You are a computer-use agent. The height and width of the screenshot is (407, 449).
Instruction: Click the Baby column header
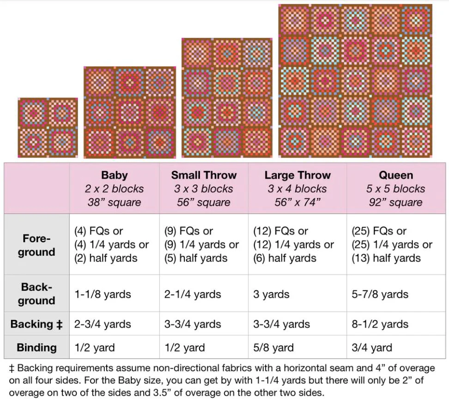tap(114, 188)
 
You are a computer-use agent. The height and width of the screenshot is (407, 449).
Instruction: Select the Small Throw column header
tap(204, 188)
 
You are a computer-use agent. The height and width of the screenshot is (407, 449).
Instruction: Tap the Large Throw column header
tap(297, 188)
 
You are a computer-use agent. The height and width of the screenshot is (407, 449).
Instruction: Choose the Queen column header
tap(396, 188)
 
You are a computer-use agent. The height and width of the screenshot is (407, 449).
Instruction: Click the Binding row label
tap(36, 347)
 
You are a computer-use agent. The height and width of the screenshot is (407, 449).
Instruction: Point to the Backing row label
tap(36, 324)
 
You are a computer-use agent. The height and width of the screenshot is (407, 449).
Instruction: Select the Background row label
tap(36, 294)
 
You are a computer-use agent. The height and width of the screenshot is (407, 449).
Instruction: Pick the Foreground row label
tap(36, 245)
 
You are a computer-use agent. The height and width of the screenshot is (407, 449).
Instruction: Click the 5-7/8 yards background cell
tap(380, 294)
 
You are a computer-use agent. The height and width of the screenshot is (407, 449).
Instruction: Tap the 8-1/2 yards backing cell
tap(380, 324)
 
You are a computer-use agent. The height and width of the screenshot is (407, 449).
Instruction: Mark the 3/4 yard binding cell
tap(372, 347)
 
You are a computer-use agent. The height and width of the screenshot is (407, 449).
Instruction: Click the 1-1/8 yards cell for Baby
tap(103, 294)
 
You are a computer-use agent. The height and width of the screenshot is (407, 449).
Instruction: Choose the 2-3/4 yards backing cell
tap(103, 324)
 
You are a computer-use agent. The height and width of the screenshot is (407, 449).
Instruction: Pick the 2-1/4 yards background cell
tap(193, 294)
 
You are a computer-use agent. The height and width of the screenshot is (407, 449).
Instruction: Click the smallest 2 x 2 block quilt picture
tap(48, 127)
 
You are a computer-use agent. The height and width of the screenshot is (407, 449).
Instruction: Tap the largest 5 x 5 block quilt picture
tap(356, 81)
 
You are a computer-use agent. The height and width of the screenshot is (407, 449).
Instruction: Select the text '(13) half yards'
tap(386, 258)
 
